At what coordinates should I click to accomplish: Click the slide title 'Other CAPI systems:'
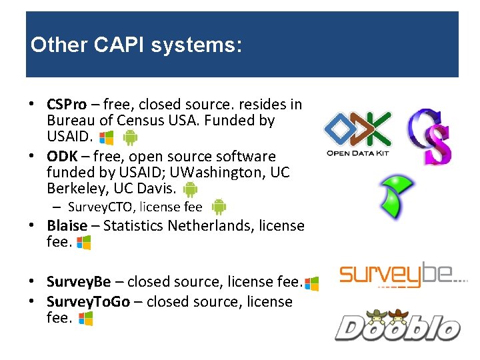point(135,45)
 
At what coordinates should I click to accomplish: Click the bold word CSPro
point(67,105)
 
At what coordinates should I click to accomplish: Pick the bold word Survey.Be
point(75,282)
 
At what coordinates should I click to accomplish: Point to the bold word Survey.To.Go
point(88,301)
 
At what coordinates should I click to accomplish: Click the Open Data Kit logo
point(357,133)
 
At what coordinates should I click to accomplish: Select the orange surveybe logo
point(403,274)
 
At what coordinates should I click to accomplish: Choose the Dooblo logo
point(397,325)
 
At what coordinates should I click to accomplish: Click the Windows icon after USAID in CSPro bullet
point(106,138)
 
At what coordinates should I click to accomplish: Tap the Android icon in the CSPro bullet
point(131,138)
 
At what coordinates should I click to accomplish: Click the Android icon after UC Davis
point(191,190)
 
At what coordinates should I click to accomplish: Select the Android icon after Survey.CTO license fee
point(219,207)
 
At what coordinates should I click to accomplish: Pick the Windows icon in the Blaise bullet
point(84,243)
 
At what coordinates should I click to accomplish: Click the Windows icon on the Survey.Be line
point(311,283)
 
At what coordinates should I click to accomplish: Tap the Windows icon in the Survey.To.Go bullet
point(85,319)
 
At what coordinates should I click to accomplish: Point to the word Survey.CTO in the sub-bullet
point(97,207)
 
